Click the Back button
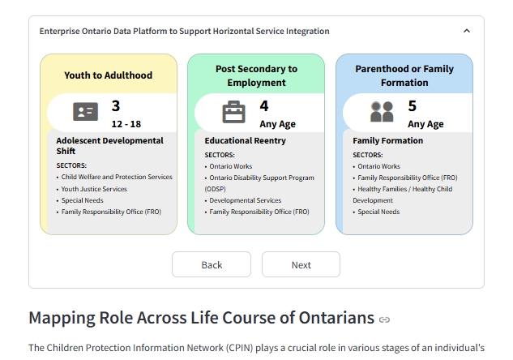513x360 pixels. click(x=212, y=264)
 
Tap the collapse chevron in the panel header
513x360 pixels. click(x=467, y=32)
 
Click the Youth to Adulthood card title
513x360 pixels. click(x=109, y=75)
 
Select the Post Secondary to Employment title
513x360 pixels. click(x=256, y=75)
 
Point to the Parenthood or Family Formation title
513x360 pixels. click(x=404, y=75)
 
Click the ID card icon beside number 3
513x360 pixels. click(x=85, y=112)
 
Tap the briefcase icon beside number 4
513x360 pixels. click(x=233, y=112)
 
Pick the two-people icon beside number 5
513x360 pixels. click(x=382, y=112)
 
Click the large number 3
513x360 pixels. click(x=116, y=105)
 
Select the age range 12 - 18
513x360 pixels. click(x=126, y=124)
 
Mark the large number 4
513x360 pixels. click(x=264, y=105)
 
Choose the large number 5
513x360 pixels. click(x=412, y=105)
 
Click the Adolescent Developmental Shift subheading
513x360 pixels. click(x=109, y=146)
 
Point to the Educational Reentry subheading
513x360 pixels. click(x=245, y=140)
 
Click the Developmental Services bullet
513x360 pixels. click(x=246, y=200)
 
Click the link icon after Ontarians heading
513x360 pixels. click(x=384, y=319)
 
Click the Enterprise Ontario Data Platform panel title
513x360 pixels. click(x=185, y=32)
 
